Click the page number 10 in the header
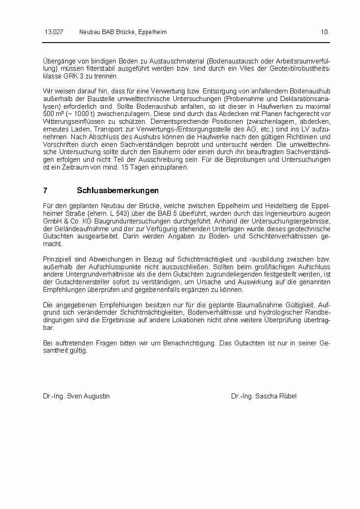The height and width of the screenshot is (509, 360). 324,32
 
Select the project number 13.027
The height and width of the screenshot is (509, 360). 54,32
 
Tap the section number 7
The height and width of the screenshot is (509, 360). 45,190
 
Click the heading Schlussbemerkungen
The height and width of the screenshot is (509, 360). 118,190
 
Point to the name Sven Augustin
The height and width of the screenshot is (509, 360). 88,396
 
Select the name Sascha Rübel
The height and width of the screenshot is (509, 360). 276,396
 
